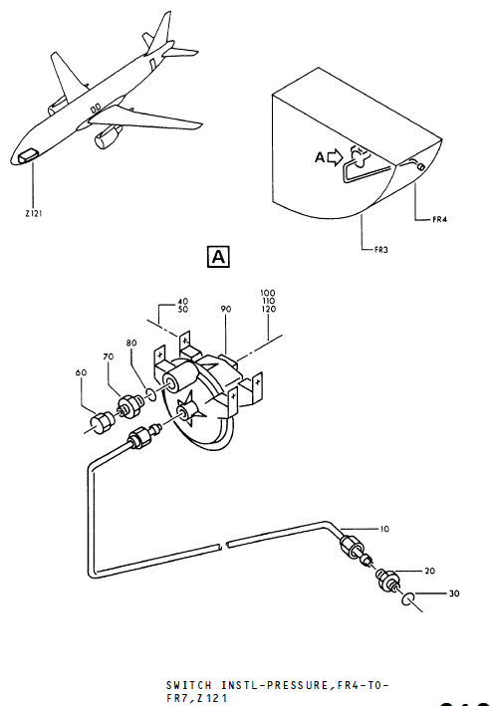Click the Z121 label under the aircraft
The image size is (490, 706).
[34, 212]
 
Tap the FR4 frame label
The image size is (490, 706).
[441, 219]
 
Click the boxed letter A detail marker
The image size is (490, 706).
[217, 257]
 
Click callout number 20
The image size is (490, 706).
[430, 572]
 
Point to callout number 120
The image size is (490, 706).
[268, 311]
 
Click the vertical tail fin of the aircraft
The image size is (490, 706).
[158, 30]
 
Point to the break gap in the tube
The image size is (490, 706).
[221, 544]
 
